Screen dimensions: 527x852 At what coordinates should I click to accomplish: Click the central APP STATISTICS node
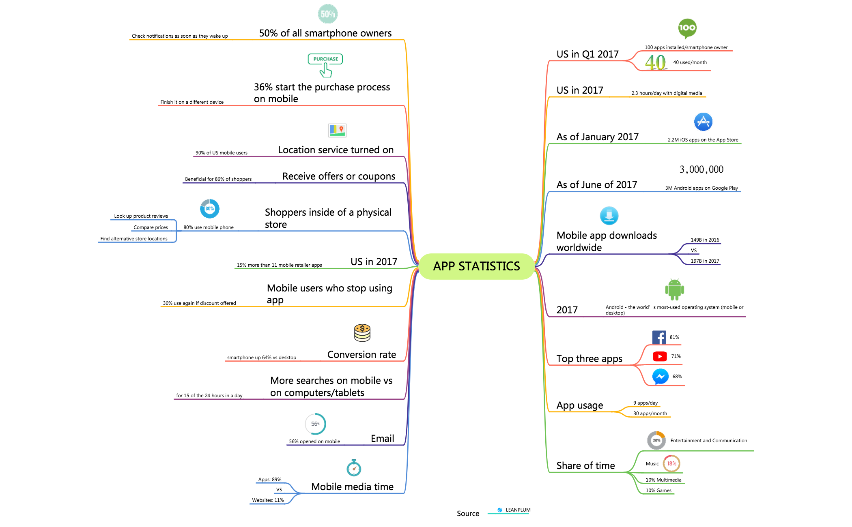click(476, 266)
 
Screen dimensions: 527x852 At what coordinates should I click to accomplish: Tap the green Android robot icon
click(674, 289)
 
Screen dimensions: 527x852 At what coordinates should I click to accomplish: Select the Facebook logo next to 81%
click(659, 337)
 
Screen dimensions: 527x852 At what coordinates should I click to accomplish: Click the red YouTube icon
click(660, 356)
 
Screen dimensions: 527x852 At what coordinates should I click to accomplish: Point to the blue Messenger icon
click(660, 377)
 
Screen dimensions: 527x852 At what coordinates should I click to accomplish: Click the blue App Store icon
click(703, 122)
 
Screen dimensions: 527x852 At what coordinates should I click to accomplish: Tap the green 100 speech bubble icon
click(687, 28)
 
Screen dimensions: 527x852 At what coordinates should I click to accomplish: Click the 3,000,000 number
click(701, 169)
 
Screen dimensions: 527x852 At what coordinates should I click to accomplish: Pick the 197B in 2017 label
click(705, 261)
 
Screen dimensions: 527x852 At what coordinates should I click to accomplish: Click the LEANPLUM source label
click(518, 510)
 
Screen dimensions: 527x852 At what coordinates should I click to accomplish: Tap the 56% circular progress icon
click(315, 424)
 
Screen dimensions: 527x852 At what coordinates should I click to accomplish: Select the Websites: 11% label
click(268, 500)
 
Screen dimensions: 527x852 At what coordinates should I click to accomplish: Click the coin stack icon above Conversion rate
click(362, 333)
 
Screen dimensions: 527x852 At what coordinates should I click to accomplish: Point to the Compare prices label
click(151, 227)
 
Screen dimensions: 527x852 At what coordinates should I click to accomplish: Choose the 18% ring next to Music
click(671, 463)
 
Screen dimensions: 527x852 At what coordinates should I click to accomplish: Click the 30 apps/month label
click(650, 413)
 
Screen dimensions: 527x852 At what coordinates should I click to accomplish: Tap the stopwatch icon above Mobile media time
click(354, 468)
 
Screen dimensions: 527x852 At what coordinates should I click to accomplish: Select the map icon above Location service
click(337, 130)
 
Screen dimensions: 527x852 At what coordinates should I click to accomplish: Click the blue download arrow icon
click(609, 216)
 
